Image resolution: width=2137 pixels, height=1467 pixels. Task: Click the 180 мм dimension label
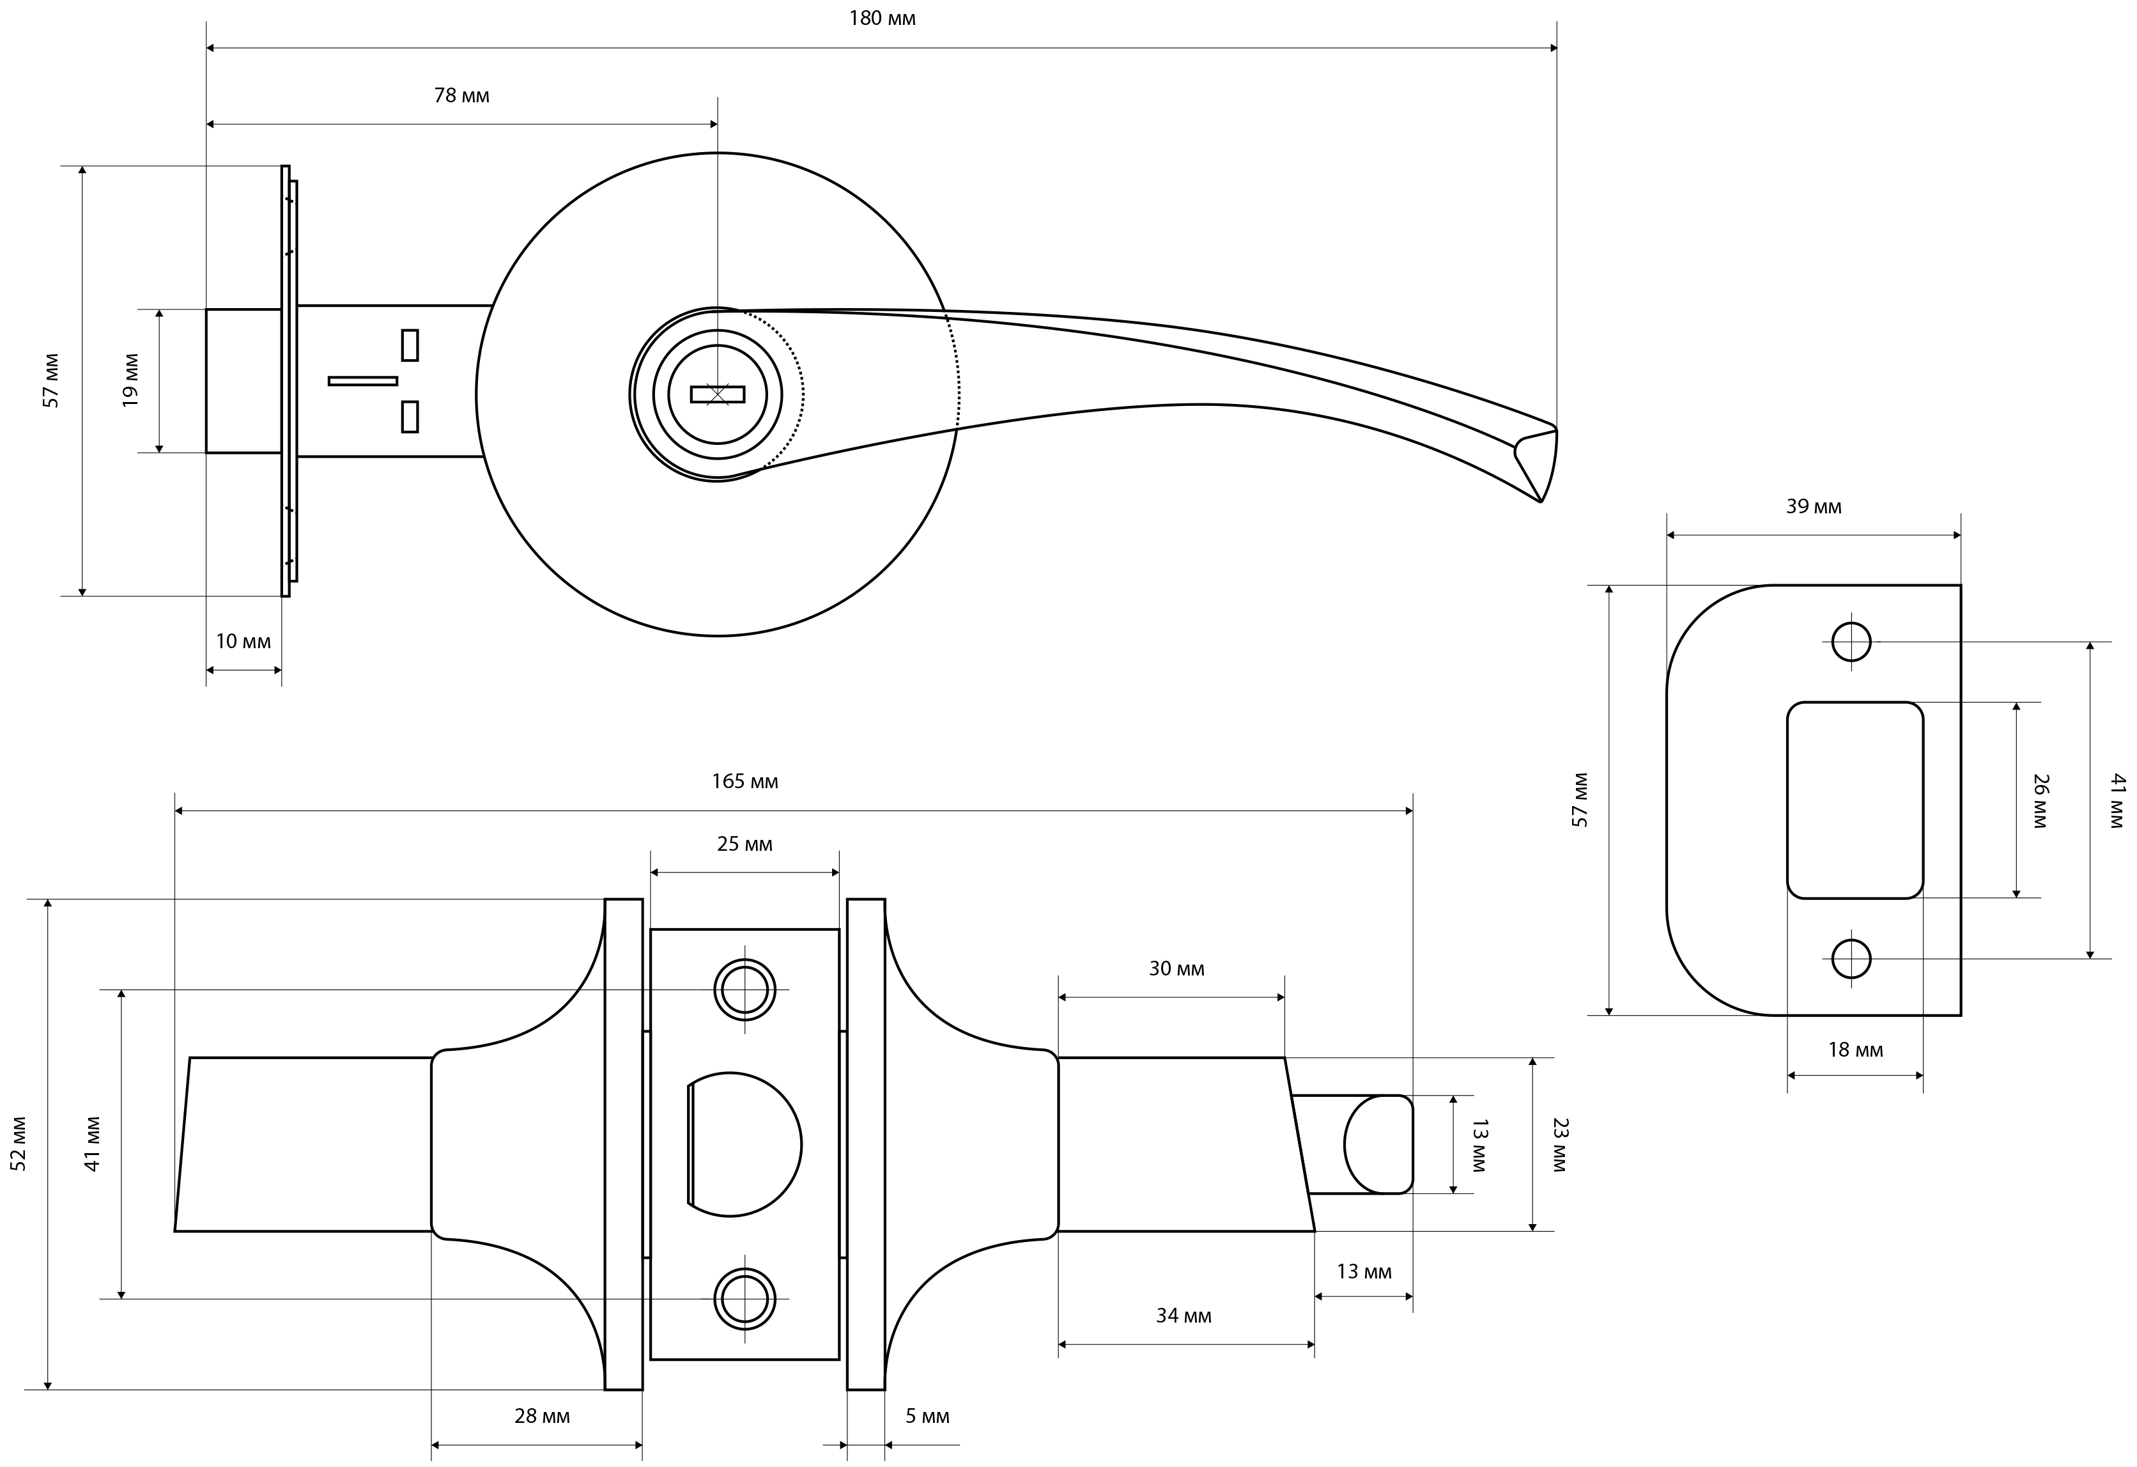click(882, 19)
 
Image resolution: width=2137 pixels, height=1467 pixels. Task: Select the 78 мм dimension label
click(461, 96)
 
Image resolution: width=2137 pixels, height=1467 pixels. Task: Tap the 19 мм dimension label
click(130, 381)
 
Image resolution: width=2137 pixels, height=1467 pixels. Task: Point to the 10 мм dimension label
click(243, 641)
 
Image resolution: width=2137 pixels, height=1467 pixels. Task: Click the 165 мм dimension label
click(745, 781)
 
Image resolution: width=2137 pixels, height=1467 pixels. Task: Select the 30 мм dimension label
click(1176, 968)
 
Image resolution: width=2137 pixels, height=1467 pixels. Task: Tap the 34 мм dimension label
click(1184, 1316)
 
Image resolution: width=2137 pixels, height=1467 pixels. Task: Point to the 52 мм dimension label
click(19, 1144)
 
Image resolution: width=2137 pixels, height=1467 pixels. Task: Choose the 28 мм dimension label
click(542, 1417)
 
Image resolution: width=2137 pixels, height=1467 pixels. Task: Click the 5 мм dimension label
click(927, 1417)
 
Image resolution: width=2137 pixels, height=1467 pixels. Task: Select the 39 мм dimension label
click(1814, 507)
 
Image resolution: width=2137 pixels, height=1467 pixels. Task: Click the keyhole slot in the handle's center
click(717, 394)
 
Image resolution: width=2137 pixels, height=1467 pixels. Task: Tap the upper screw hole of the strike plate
click(1851, 642)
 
